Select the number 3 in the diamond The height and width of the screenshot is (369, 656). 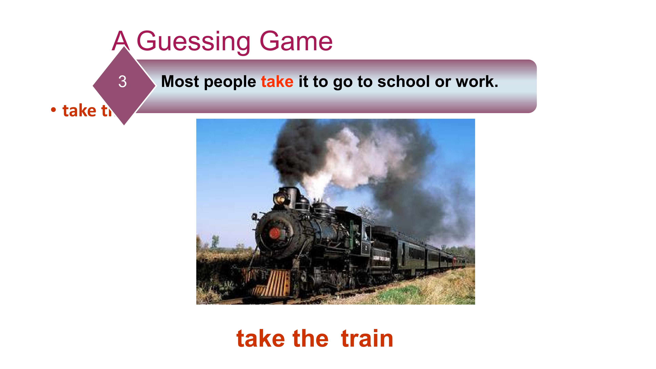[x=122, y=82]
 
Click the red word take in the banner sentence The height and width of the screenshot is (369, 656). [x=277, y=82]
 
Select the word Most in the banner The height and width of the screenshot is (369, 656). [x=180, y=82]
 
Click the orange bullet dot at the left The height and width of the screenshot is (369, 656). [x=53, y=110]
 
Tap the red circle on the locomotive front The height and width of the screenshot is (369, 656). [x=274, y=233]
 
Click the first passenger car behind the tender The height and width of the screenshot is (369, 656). [x=410, y=252]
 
